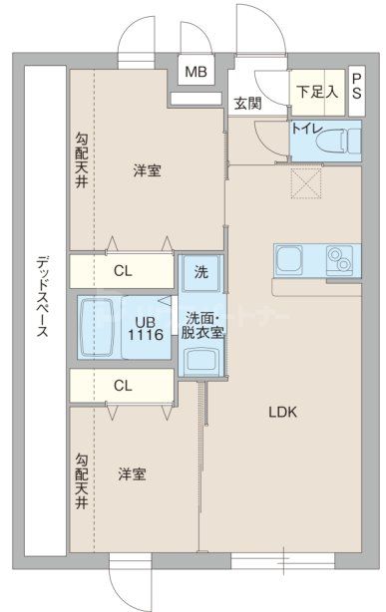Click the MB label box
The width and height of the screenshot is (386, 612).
(195, 72)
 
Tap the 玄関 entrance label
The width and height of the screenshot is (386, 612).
(247, 103)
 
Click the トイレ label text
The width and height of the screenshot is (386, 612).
(305, 128)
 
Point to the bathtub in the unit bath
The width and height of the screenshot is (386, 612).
(100, 326)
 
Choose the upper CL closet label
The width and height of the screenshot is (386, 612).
(122, 270)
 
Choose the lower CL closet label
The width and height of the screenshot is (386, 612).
(122, 384)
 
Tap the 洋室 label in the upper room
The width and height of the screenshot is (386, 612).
(147, 171)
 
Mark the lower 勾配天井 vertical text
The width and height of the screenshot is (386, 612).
(82, 480)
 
